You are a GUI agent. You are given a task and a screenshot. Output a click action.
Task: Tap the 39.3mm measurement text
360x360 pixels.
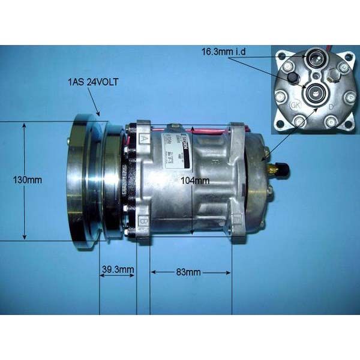[x=117, y=269]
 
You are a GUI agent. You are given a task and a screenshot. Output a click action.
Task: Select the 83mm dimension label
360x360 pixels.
[x=189, y=272]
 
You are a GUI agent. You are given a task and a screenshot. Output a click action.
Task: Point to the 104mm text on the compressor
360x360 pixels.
[x=195, y=180]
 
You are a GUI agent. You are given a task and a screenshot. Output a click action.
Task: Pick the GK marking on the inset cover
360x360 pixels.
[x=295, y=105]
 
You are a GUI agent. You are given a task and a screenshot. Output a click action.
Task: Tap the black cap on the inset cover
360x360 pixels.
[x=293, y=78]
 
